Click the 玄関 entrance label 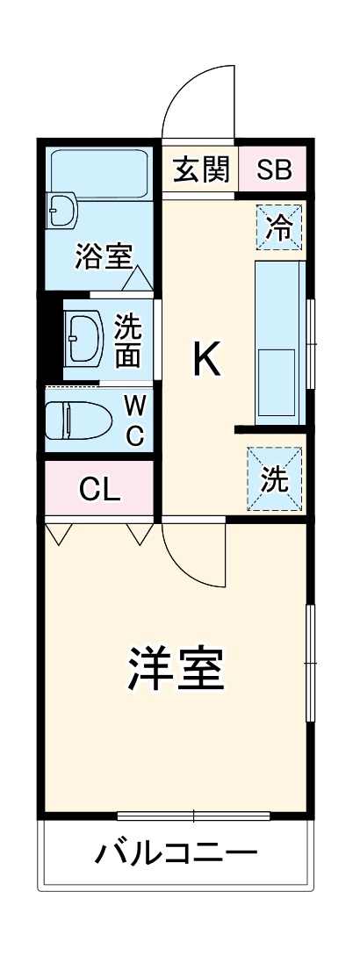[200, 170]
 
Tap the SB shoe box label [273, 170]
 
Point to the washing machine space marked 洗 [275, 479]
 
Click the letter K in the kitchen [207, 359]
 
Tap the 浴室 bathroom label [104, 257]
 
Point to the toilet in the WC [78, 420]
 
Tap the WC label [134, 420]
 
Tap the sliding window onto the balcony [193, 816]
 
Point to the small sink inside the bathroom [62, 211]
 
